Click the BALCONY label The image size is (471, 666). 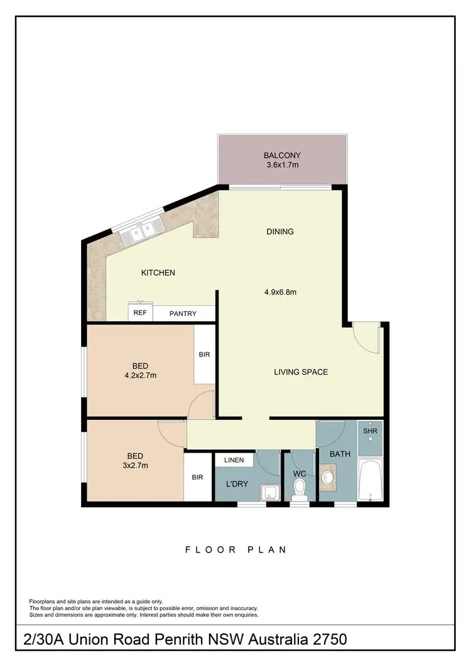282,156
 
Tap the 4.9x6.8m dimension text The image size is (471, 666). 280,291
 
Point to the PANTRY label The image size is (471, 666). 183,314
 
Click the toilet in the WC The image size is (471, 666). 300,488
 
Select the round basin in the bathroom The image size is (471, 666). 328,478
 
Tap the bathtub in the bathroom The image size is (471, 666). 370,481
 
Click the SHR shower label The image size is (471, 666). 369,432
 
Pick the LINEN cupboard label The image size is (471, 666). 234,460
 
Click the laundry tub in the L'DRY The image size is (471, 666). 271,493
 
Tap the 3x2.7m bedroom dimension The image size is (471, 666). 136,466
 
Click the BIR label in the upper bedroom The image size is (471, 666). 204,355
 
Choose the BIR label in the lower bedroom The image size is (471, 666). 197,478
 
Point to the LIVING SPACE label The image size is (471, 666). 301,372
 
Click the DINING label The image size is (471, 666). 280,232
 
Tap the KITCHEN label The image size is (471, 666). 158,272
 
